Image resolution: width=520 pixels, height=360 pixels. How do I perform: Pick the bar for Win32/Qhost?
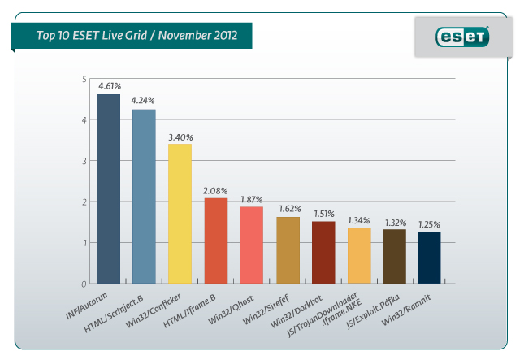coord(251,245)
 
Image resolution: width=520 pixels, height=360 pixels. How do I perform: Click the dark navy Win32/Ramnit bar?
coord(430,258)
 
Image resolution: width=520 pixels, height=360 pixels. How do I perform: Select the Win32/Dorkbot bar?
coord(323,252)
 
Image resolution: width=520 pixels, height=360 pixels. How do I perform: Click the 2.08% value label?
coord(215,190)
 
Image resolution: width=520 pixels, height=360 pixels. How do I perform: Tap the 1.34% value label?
coord(358,220)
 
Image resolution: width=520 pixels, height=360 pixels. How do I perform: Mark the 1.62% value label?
coord(288,209)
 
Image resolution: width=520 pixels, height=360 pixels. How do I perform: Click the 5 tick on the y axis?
coord(84,79)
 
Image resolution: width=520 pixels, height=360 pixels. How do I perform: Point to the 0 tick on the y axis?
coord(84,284)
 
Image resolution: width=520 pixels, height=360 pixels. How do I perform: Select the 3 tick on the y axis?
coord(84,161)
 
